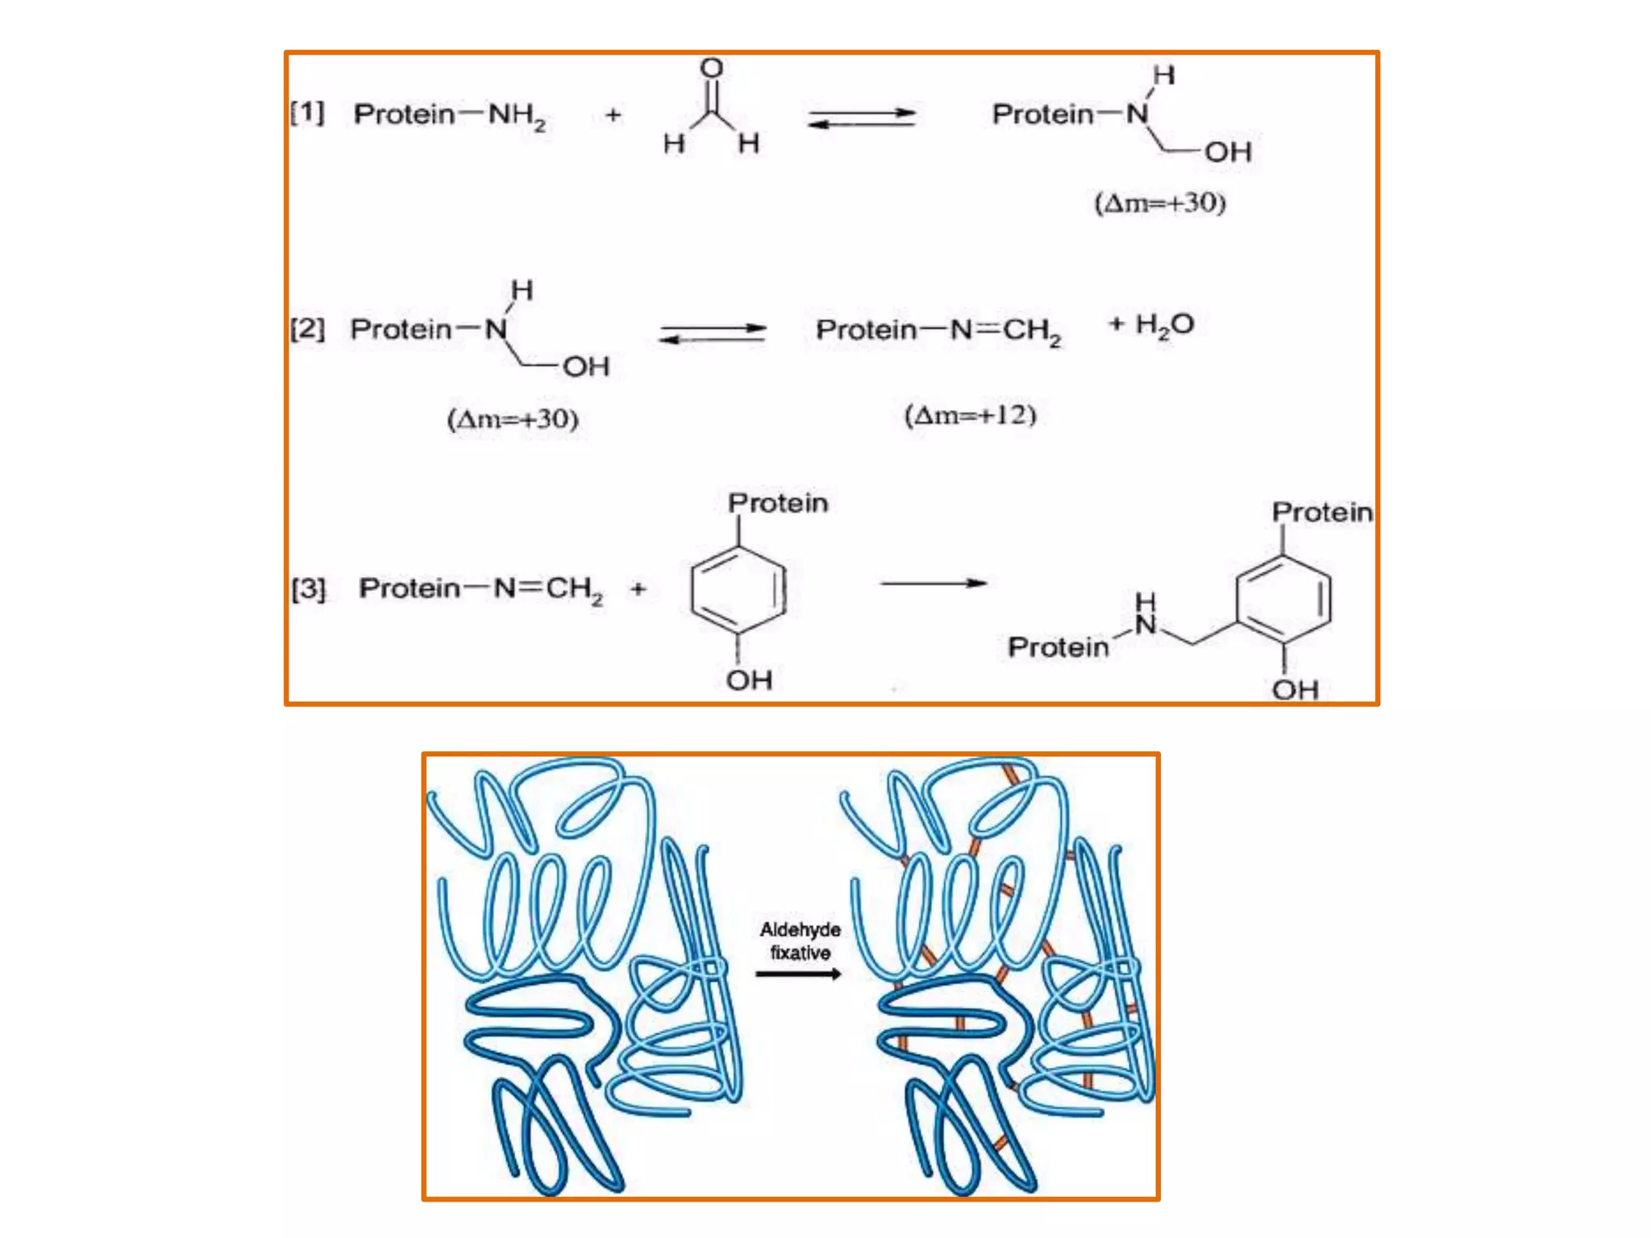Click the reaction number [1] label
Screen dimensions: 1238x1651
click(307, 112)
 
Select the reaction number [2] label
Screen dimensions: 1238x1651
click(307, 328)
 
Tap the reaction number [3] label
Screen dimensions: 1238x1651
click(308, 588)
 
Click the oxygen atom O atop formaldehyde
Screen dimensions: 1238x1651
click(711, 68)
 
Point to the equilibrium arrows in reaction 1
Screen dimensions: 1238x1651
click(862, 118)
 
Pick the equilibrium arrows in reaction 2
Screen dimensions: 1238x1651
click(713, 334)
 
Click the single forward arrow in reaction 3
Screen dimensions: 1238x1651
click(934, 583)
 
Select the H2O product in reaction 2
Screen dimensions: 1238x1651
click(1164, 325)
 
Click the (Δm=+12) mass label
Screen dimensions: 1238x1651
click(970, 415)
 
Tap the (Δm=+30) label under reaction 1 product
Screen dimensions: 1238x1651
click(1159, 202)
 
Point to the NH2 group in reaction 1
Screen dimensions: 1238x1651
click(517, 115)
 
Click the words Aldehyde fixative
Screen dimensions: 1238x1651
click(800, 941)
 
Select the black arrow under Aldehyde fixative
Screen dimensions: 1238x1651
click(798, 974)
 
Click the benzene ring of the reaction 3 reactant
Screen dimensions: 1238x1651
click(738, 589)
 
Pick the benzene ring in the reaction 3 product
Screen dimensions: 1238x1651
click(1283, 599)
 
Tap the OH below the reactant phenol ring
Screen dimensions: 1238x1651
click(749, 679)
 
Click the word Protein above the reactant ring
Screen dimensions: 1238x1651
click(778, 503)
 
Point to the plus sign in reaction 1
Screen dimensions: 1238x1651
click(613, 115)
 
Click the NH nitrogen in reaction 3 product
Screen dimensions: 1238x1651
click(1145, 623)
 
